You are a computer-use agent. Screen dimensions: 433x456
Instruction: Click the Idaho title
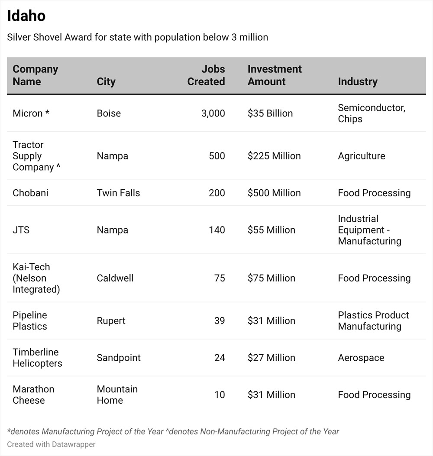(x=26, y=16)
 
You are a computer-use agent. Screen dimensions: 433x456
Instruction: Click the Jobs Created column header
(x=206, y=75)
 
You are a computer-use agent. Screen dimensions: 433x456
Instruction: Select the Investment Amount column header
(x=275, y=75)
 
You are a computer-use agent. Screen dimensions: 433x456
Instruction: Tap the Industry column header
(x=358, y=81)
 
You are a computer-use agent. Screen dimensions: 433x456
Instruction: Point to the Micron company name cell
(x=31, y=113)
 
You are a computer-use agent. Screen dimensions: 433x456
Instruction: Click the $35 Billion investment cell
(x=270, y=113)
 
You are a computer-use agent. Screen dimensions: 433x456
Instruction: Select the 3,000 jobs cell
(x=213, y=113)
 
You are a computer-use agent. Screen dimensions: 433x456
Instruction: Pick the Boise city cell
(x=109, y=113)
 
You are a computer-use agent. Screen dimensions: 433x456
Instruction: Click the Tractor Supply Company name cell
(x=36, y=156)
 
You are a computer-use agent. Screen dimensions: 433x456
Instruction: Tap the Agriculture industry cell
(x=362, y=156)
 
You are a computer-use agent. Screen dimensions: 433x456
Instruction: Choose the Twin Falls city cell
(x=118, y=193)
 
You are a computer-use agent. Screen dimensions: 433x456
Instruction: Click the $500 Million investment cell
(x=274, y=193)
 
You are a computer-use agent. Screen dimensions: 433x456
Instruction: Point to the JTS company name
(x=21, y=230)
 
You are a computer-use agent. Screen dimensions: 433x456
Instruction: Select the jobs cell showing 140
(x=217, y=230)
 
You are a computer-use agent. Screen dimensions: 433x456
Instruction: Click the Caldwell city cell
(x=115, y=278)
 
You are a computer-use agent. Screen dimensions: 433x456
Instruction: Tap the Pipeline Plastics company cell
(x=30, y=320)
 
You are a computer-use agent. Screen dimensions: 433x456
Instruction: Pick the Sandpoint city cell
(x=119, y=358)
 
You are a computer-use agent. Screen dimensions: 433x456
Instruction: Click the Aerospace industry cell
(x=361, y=358)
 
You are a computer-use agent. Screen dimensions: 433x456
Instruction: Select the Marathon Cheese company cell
(x=33, y=395)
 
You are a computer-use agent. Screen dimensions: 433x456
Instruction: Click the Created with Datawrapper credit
(x=51, y=444)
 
